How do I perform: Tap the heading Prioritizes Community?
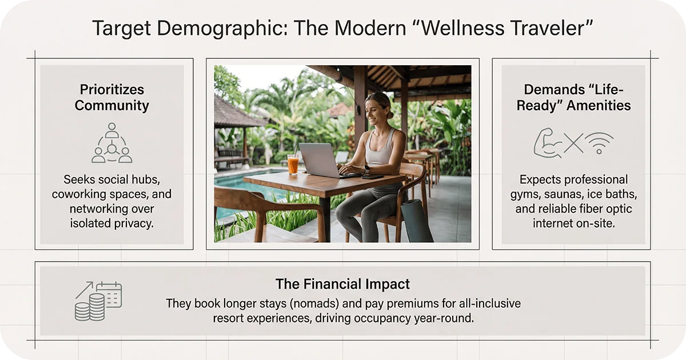(x=112, y=98)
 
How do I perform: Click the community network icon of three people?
(x=112, y=143)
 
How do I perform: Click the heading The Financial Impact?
(x=342, y=284)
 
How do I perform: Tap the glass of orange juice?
(x=293, y=165)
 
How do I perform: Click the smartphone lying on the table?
(x=372, y=177)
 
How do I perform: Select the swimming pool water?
(x=240, y=183)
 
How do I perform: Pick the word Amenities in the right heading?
(x=594, y=105)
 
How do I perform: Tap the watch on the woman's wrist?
(x=366, y=169)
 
